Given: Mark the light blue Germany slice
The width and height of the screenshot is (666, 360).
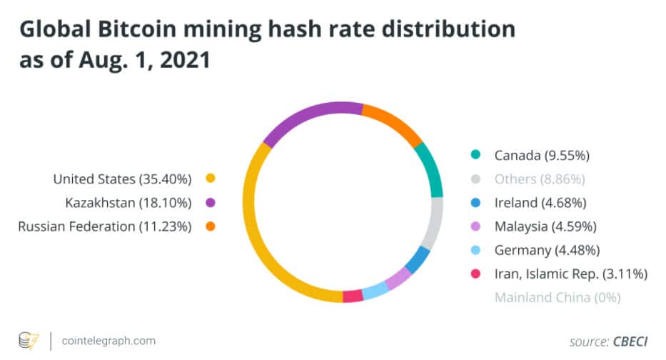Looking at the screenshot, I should tap(375, 291).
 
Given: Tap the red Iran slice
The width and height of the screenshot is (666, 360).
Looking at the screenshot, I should tap(353, 295).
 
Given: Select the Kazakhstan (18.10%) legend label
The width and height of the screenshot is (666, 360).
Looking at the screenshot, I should tap(128, 203).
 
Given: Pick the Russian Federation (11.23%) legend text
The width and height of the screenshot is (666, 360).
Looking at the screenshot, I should tap(105, 227).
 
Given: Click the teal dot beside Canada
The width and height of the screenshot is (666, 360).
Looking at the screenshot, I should tap(475, 154).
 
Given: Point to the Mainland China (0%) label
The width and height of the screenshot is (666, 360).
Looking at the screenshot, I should tap(557, 296).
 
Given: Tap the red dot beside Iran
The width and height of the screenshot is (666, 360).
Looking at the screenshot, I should tap(475, 273).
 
